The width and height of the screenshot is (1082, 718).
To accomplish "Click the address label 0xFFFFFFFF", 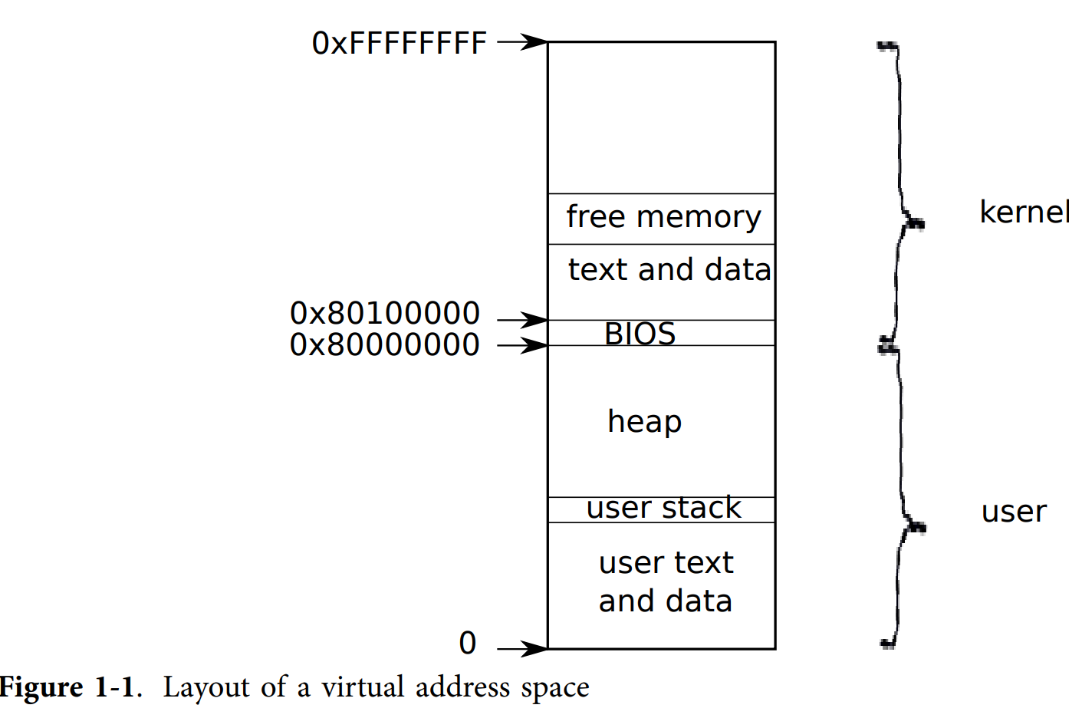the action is pyautogui.click(x=399, y=44).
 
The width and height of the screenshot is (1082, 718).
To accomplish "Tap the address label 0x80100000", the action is pyautogui.click(x=384, y=313).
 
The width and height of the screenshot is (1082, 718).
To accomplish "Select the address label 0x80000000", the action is pyautogui.click(x=384, y=345).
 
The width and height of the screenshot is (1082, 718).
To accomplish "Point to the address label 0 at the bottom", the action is pyautogui.click(x=468, y=643).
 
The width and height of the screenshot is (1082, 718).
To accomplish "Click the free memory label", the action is pyautogui.click(x=663, y=217).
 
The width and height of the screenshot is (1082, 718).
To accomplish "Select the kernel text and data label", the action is pyautogui.click(x=669, y=269).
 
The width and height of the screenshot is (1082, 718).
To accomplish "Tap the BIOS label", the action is pyautogui.click(x=640, y=334).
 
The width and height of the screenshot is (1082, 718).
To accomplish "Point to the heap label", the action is pyautogui.click(x=644, y=422).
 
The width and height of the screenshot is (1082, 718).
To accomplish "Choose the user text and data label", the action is pyautogui.click(x=666, y=581).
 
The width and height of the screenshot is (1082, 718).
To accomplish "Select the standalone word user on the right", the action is pyautogui.click(x=1014, y=512).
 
